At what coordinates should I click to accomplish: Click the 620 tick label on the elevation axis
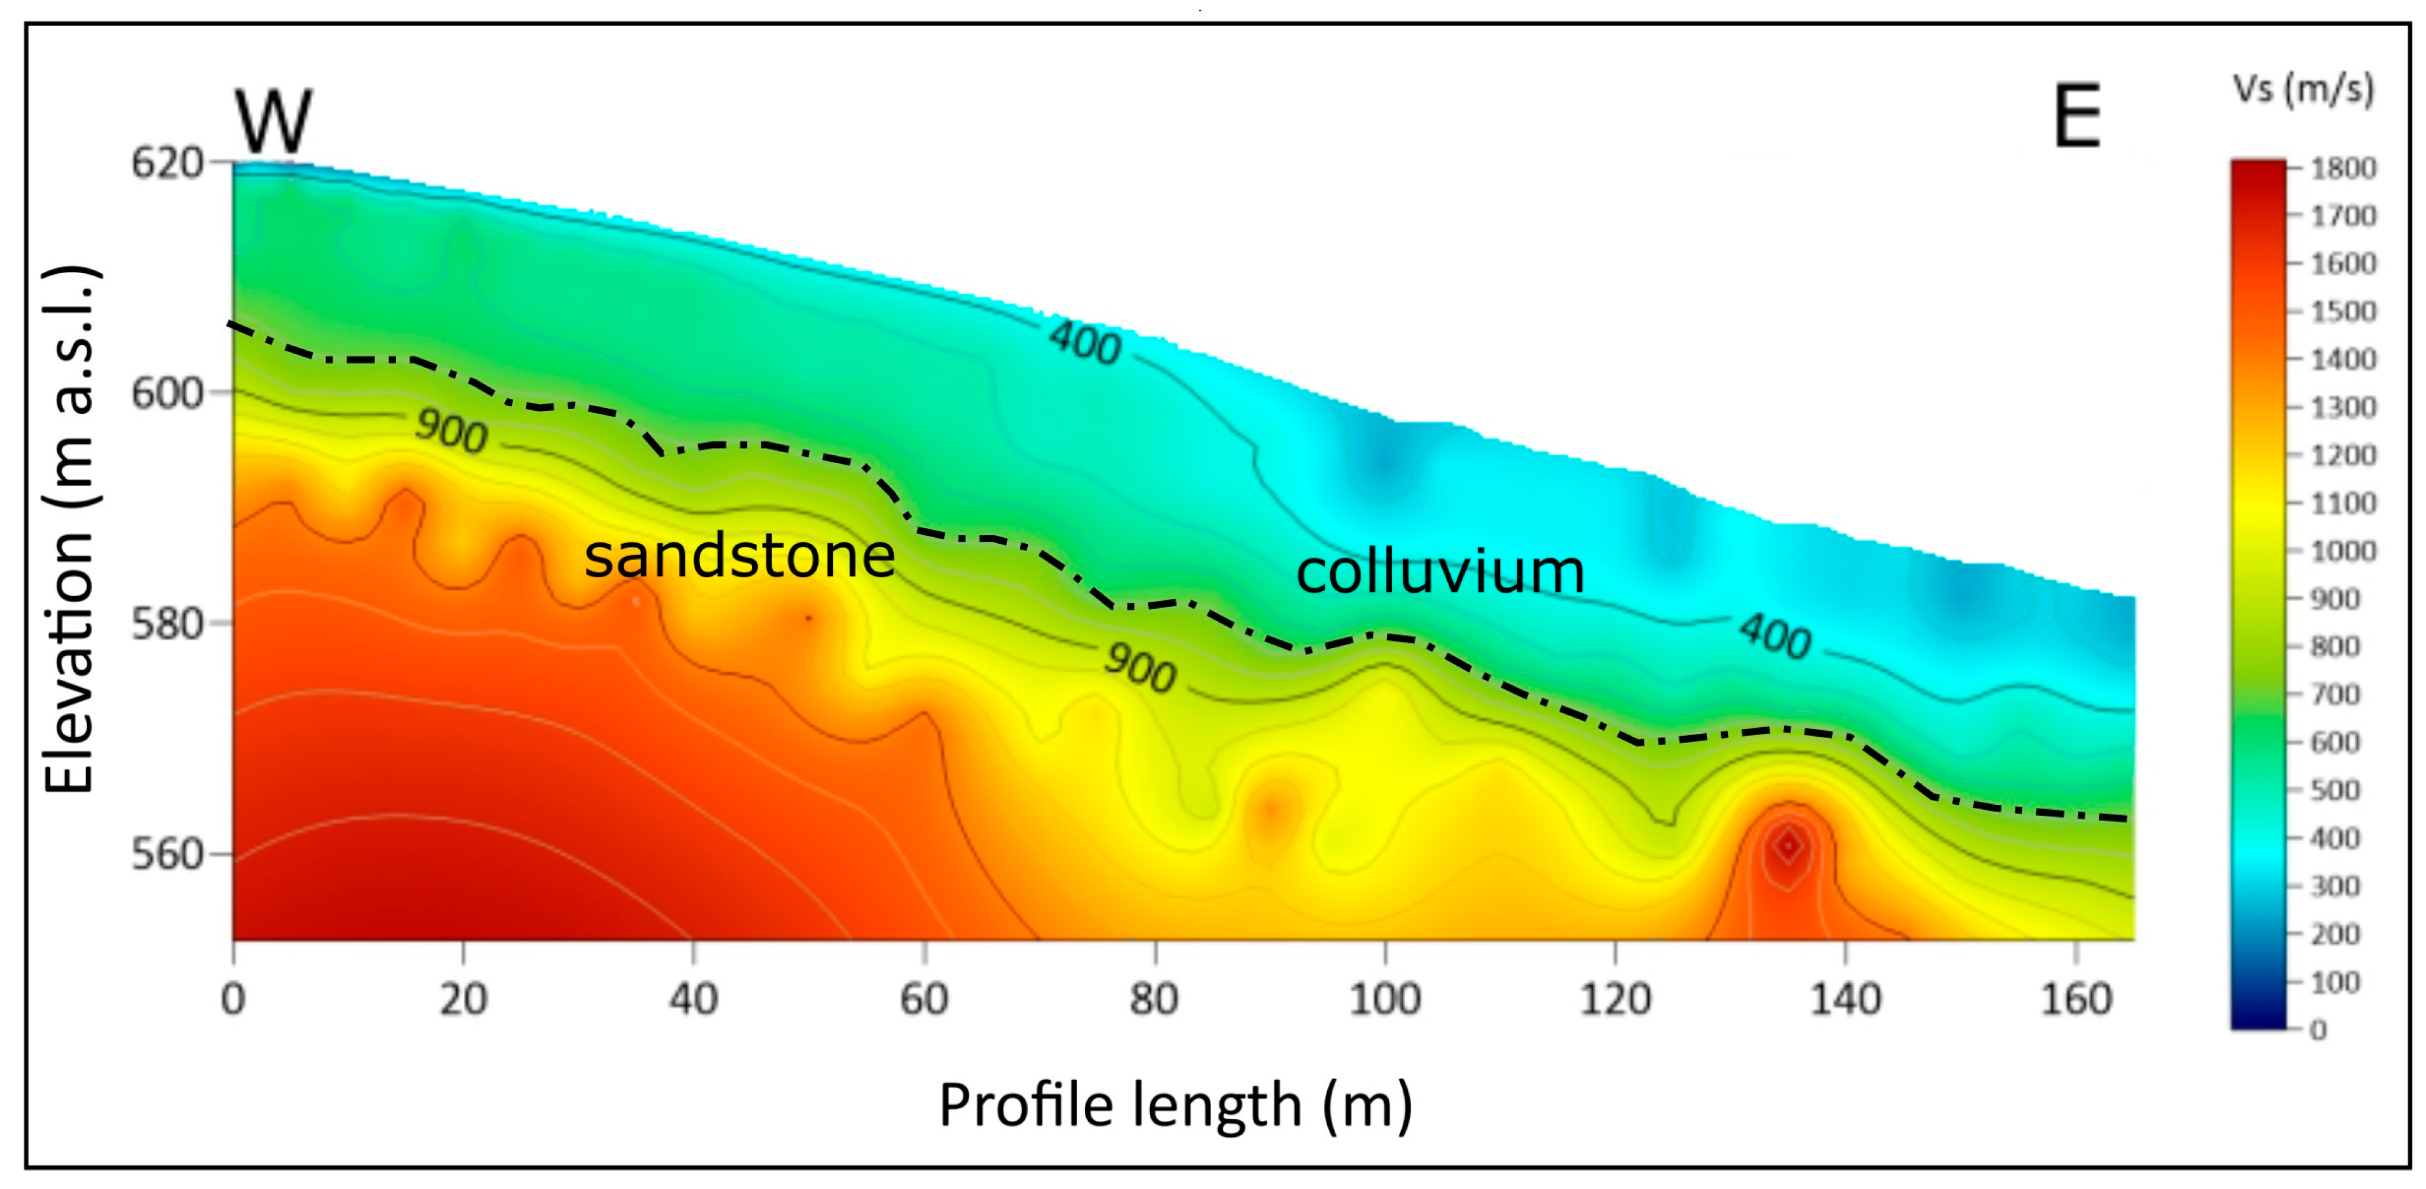[x=167, y=163]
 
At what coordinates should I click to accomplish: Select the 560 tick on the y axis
[x=167, y=854]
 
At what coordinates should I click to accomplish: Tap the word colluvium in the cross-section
[x=1440, y=571]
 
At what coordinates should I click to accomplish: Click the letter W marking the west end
[x=273, y=121]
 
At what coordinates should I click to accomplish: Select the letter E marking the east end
[x=2076, y=116]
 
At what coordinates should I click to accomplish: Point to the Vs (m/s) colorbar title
[x=2303, y=89]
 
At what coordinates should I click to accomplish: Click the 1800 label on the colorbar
[x=2343, y=169]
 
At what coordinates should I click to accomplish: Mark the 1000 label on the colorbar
[x=2343, y=550]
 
